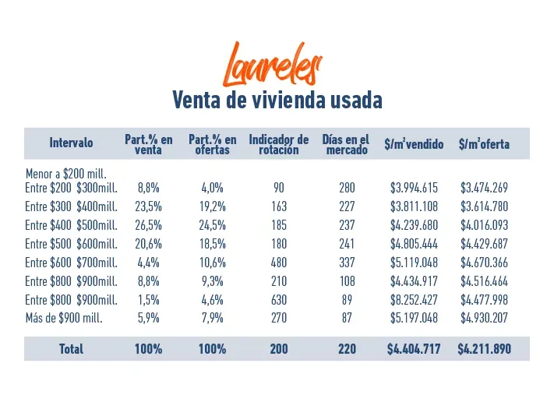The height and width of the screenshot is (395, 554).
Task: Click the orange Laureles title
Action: (x=272, y=65)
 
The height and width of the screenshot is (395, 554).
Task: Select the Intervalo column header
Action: (x=71, y=143)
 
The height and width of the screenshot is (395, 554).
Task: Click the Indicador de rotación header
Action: (x=279, y=144)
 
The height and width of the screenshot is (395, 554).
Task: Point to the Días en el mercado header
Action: (x=346, y=144)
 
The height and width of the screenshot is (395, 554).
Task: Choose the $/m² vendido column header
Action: (x=414, y=144)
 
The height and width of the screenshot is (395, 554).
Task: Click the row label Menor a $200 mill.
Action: (x=66, y=174)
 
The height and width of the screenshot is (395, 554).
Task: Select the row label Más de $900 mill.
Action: (x=64, y=318)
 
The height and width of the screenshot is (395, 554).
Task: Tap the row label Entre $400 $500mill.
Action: (x=71, y=225)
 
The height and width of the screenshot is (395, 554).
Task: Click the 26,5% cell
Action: (x=148, y=225)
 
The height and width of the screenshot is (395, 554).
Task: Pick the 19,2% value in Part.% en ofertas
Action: (x=213, y=206)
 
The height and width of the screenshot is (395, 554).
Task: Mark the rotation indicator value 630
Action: (x=279, y=300)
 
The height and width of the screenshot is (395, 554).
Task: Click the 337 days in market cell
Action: (x=347, y=263)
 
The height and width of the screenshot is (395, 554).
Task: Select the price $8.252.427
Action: (x=414, y=300)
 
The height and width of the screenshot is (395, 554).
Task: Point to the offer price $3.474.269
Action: (x=484, y=188)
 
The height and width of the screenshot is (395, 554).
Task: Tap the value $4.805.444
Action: (x=414, y=244)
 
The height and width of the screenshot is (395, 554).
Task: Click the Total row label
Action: (x=71, y=349)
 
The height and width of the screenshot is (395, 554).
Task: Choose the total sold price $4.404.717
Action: (x=414, y=349)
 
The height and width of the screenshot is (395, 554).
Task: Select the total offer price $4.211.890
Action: (x=484, y=349)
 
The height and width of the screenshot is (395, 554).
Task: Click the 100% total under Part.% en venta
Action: (x=148, y=349)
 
